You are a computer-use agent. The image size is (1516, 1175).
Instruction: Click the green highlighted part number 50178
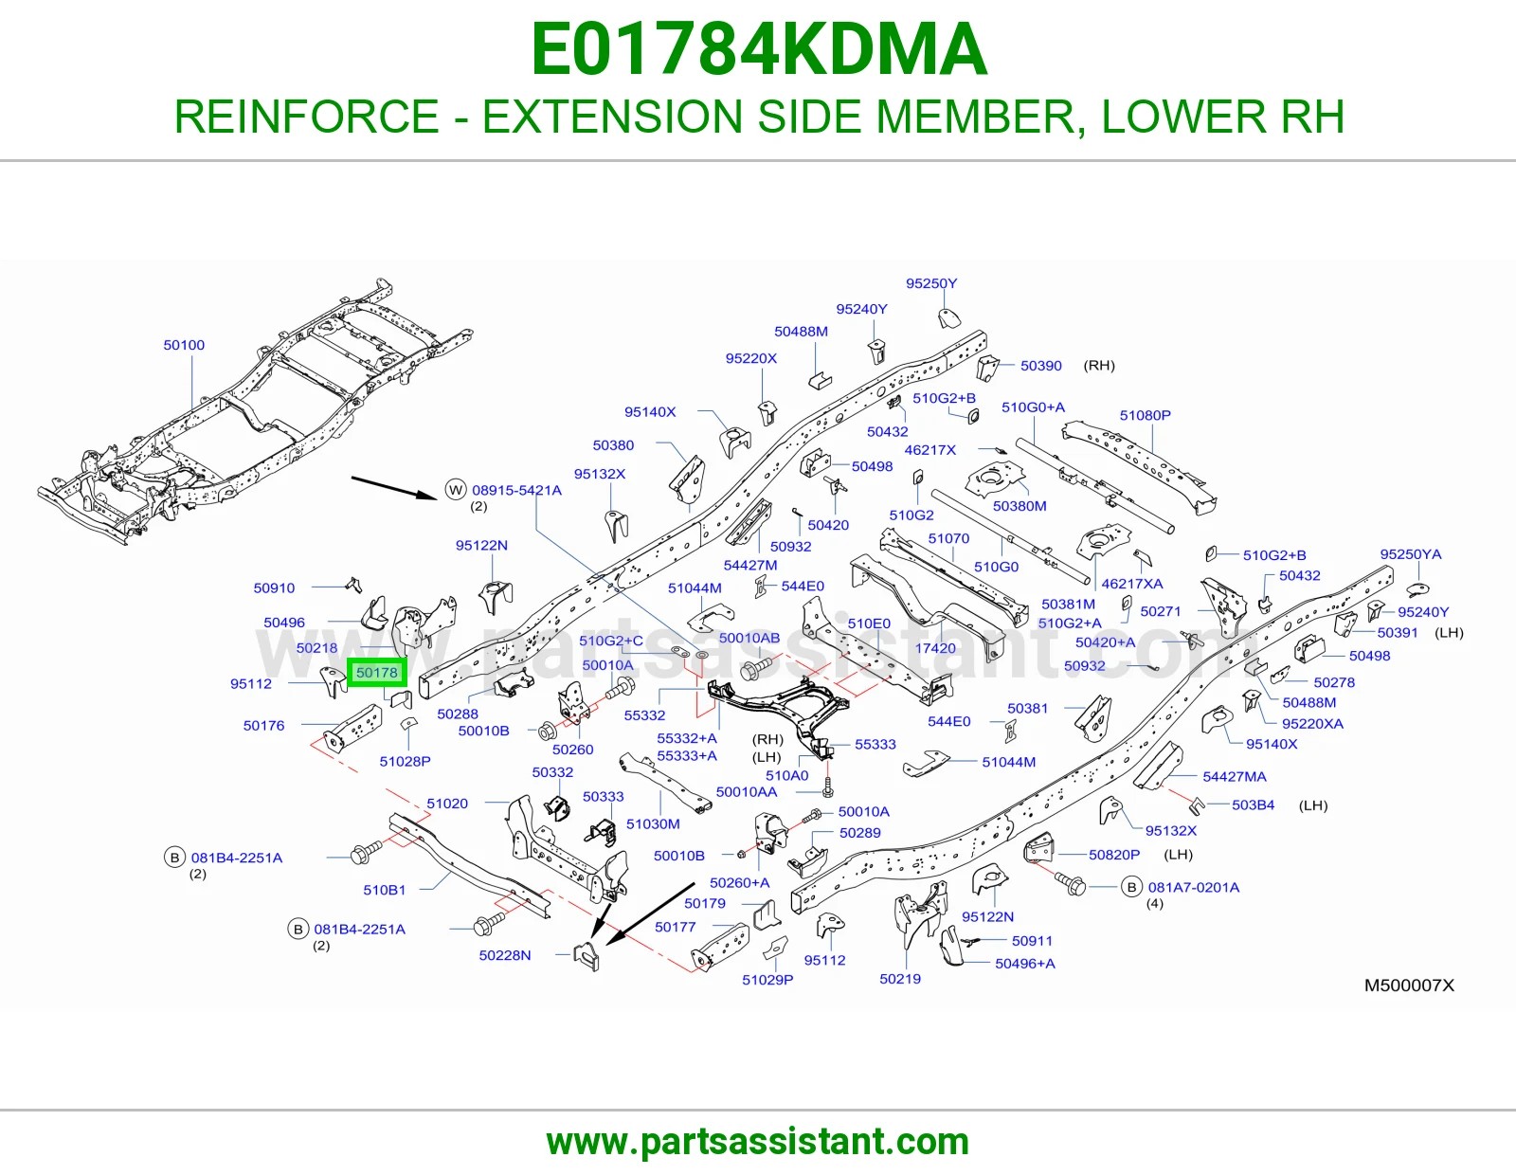377,672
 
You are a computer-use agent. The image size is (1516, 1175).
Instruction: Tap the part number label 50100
184,345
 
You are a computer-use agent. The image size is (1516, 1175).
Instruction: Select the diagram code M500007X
1409,985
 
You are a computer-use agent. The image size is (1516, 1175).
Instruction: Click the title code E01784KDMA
758,49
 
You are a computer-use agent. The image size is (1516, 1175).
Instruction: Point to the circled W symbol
457,490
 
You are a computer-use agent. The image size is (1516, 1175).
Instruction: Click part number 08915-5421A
517,491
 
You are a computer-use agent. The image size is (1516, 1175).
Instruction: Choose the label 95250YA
1411,554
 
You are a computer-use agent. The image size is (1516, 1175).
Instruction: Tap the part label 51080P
1146,415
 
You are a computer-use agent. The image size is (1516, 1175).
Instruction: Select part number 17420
935,648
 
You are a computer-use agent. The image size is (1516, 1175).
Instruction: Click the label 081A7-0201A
1194,888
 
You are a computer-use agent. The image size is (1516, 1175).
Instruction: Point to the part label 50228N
505,955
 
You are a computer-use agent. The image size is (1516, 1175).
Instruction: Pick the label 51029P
767,980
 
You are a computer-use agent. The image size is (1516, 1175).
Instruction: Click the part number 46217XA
1132,584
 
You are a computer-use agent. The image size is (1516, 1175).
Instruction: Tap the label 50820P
1114,855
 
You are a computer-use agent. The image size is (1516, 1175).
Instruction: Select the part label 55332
644,715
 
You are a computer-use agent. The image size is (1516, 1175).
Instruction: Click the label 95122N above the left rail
481,545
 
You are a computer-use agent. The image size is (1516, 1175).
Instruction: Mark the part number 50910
274,588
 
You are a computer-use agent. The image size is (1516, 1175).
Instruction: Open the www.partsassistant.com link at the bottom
758,1142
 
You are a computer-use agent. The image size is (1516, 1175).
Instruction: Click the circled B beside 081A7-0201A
1131,888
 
